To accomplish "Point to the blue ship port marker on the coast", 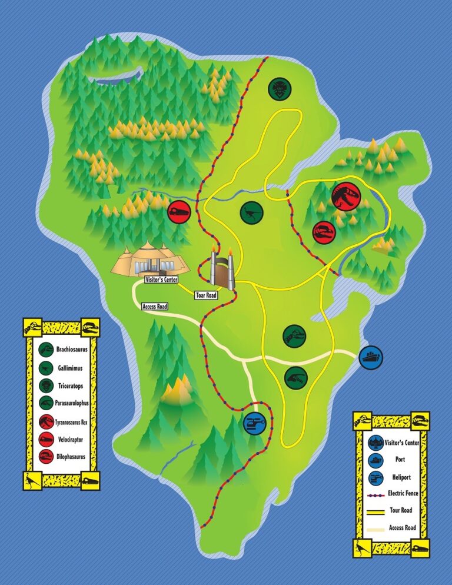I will point(371,357).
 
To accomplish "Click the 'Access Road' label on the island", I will point(155,306).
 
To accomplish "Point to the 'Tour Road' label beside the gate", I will point(207,295).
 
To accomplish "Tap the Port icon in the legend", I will point(375,460).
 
